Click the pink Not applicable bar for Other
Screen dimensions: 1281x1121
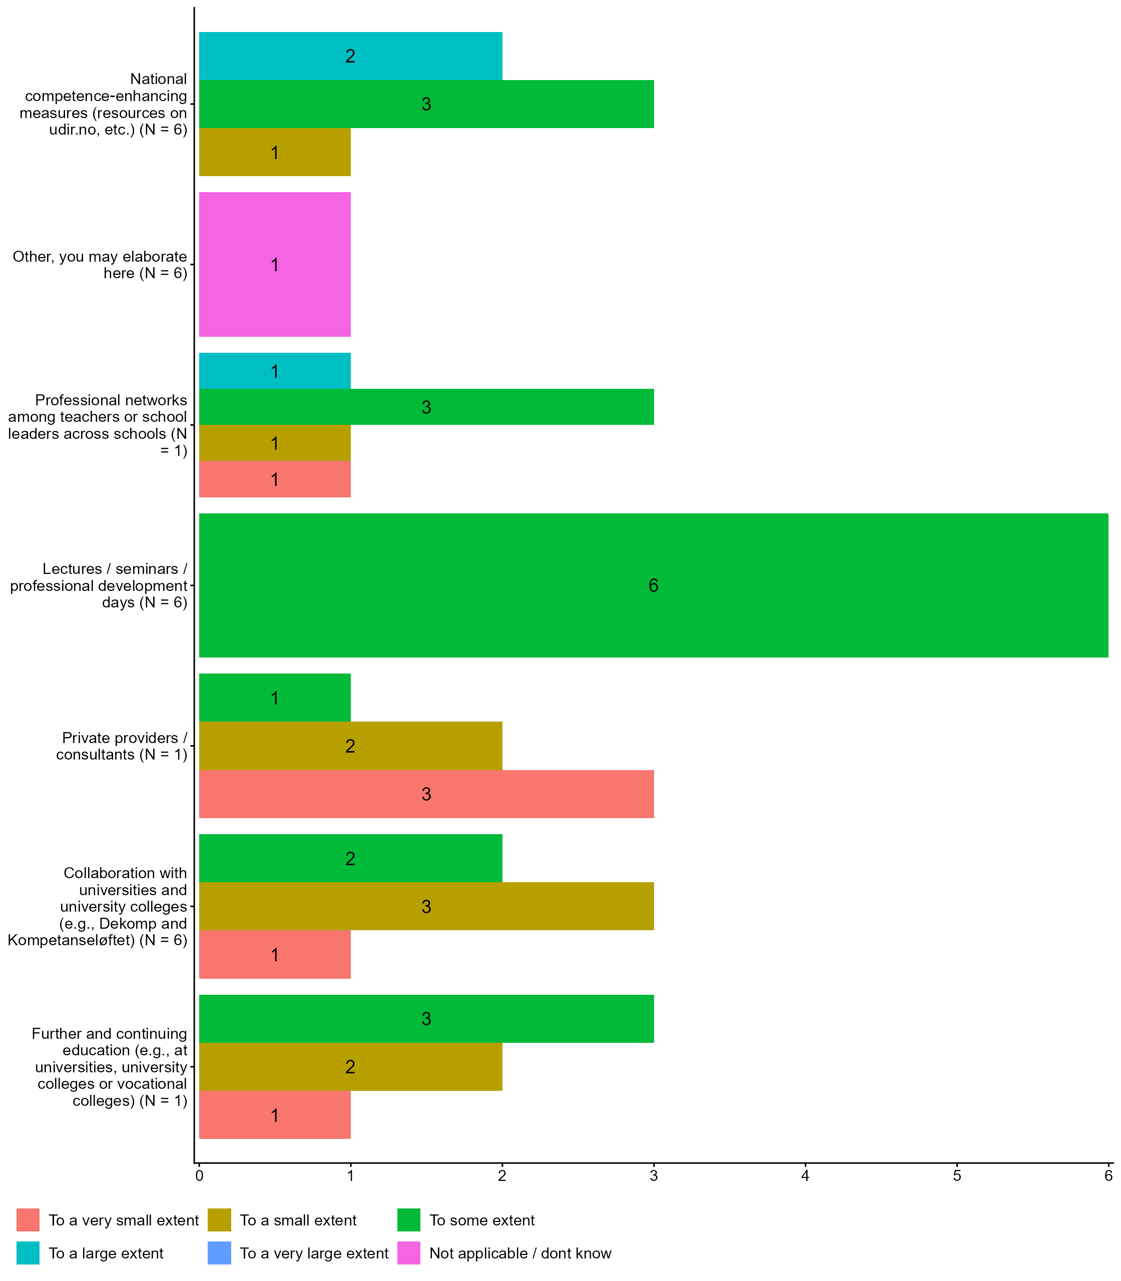(275, 264)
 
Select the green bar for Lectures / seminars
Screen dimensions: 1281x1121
(653, 585)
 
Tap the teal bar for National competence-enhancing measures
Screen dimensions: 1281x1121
(350, 56)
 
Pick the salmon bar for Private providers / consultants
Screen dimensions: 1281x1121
(426, 794)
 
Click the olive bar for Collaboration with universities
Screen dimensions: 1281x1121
(426, 906)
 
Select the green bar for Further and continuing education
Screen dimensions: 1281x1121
(426, 1018)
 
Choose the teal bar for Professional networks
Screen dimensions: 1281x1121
(275, 371)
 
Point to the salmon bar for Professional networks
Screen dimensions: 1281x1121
(275, 480)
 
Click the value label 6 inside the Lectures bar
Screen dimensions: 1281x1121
(653, 585)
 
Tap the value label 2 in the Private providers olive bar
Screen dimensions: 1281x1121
(350, 746)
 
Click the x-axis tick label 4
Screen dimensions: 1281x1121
(805, 1176)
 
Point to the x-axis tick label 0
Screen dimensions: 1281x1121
(199, 1176)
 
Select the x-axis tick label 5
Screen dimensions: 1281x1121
(956, 1176)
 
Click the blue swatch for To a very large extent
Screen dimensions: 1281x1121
(219, 1253)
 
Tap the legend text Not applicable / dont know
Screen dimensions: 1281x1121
(520, 1253)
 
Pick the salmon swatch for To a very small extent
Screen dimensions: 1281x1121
(28, 1220)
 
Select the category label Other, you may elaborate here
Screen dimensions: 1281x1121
(100, 265)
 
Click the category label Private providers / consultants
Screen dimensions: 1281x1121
(122, 746)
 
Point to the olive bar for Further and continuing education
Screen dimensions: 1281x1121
(350, 1066)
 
